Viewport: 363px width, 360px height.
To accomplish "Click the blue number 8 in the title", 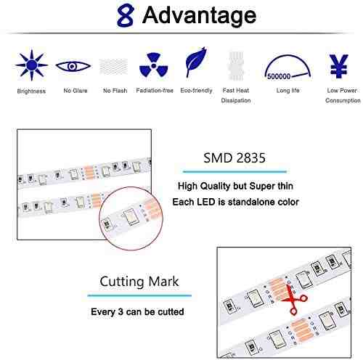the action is pos(125,15).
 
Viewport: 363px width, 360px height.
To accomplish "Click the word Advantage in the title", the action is pos(199,15).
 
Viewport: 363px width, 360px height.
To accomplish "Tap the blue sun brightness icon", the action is pos(31,65).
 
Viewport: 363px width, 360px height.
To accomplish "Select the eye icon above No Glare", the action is pos(73,66).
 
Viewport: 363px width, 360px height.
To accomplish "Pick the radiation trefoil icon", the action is pos(153,65).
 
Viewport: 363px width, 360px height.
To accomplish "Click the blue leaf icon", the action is pos(196,62).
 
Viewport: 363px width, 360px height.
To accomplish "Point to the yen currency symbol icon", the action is pos(338,66).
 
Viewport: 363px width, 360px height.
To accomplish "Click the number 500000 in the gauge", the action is pos(279,76).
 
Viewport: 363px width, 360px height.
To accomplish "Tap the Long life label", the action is pos(288,91).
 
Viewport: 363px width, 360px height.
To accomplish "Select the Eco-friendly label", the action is pos(196,91).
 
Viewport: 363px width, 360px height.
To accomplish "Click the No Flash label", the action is pos(115,91).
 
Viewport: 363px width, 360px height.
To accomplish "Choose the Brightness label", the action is pos(31,91).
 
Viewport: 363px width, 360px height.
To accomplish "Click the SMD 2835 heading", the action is pos(234,157).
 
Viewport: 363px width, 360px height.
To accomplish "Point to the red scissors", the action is pos(294,300).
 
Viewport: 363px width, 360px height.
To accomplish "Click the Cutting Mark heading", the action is pos(139,282).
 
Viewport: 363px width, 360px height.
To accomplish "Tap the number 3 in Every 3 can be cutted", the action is pos(121,311).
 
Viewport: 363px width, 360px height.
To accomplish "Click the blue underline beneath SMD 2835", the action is pos(234,172).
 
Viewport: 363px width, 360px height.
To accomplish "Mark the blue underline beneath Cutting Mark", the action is pos(139,295).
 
